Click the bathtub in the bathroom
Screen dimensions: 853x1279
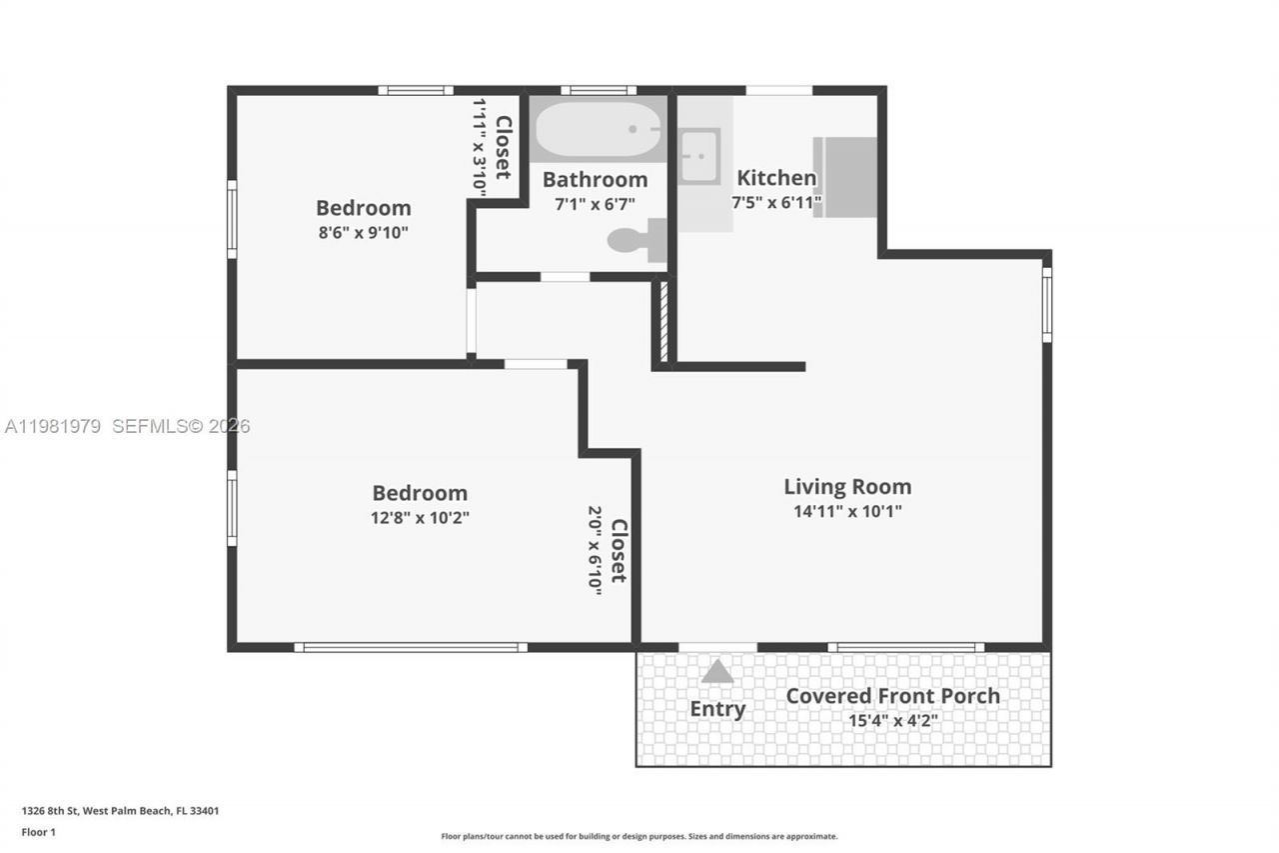(x=598, y=130)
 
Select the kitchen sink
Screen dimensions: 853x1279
(x=699, y=156)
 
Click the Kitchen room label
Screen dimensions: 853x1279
(x=776, y=178)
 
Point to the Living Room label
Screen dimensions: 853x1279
(x=847, y=487)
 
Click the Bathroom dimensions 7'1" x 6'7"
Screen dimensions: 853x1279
(x=595, y=203)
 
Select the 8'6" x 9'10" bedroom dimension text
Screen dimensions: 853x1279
(x=363, y=232)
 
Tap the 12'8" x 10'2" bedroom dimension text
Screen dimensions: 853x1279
(x=420, y=517)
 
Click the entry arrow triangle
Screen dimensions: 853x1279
(x=717, y=672)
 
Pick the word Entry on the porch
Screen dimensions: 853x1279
(x=717, y=709)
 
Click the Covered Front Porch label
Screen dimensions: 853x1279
(x=892, y=696)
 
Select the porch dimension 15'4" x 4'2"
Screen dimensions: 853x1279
(x=892, y=720)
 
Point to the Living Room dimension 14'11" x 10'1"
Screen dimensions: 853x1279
(x=847, y=511)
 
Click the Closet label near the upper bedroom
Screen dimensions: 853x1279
(x=504, y=148)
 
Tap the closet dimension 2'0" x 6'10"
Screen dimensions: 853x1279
(x=596, y=550)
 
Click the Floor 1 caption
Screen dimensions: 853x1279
(x=38, y=832)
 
